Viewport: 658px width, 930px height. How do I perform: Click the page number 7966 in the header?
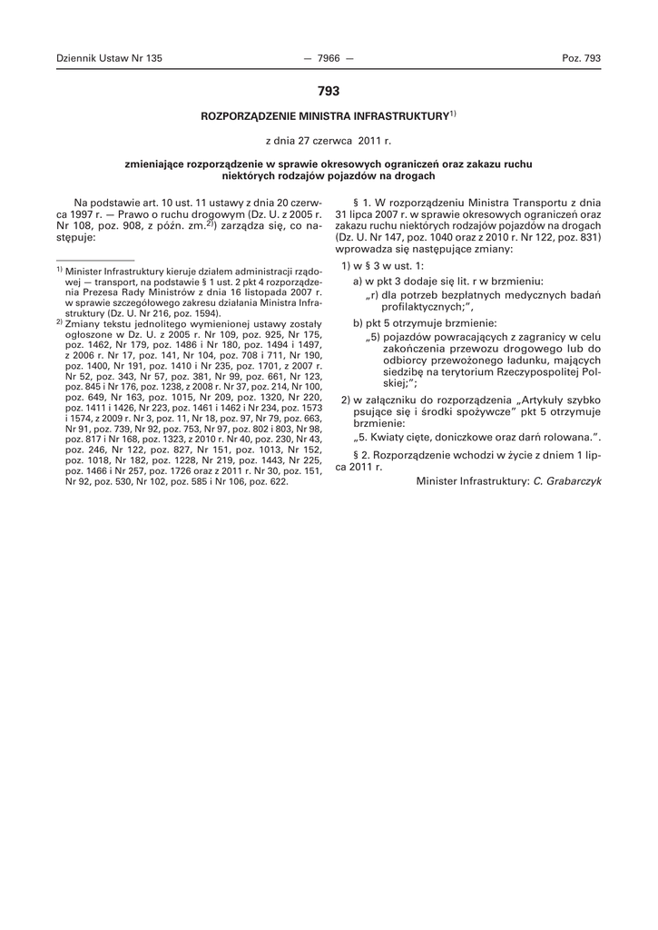click(329, 58)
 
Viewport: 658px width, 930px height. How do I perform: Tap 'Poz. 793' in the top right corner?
click(582, 58)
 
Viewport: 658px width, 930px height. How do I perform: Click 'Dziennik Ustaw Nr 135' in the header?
click(109, 58)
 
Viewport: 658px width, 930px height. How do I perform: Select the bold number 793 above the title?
click(329, 92)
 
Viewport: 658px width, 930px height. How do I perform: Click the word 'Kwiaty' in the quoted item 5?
click(390, 437)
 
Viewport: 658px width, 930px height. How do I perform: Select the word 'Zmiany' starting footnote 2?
click(83, 322)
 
